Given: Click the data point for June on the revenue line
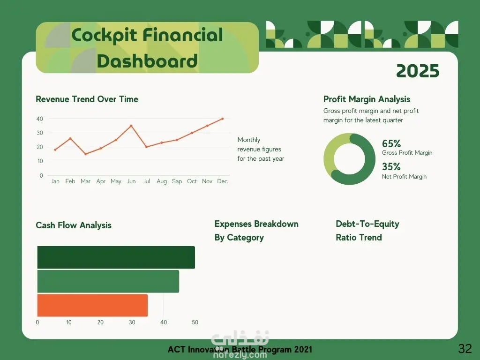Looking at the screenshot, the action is [131, 126].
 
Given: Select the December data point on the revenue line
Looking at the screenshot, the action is [223, 119].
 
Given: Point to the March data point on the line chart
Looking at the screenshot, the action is [85, 154].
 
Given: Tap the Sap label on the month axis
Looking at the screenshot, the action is [177, 181].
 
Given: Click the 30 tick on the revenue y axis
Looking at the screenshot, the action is [40, 133].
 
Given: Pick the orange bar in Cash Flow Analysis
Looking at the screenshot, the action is [92, 305].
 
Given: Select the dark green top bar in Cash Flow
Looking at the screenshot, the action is [116, 257].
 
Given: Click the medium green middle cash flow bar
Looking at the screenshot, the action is [108, 281].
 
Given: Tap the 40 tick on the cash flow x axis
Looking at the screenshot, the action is [164, 322].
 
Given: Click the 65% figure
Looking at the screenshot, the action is [391, 143].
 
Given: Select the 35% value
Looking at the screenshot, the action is [391, 166].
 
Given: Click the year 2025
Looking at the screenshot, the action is [418, 71].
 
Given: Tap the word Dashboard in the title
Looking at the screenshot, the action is [147, 61].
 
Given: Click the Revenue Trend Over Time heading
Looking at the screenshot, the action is [87, 99].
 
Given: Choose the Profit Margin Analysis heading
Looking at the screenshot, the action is [367, 99].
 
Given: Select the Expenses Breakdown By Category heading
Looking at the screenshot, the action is [256, 231].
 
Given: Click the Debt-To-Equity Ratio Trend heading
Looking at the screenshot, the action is [367, 231].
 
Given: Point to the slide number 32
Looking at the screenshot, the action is [465, 348].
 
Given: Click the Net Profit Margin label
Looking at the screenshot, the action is [404, 176].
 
